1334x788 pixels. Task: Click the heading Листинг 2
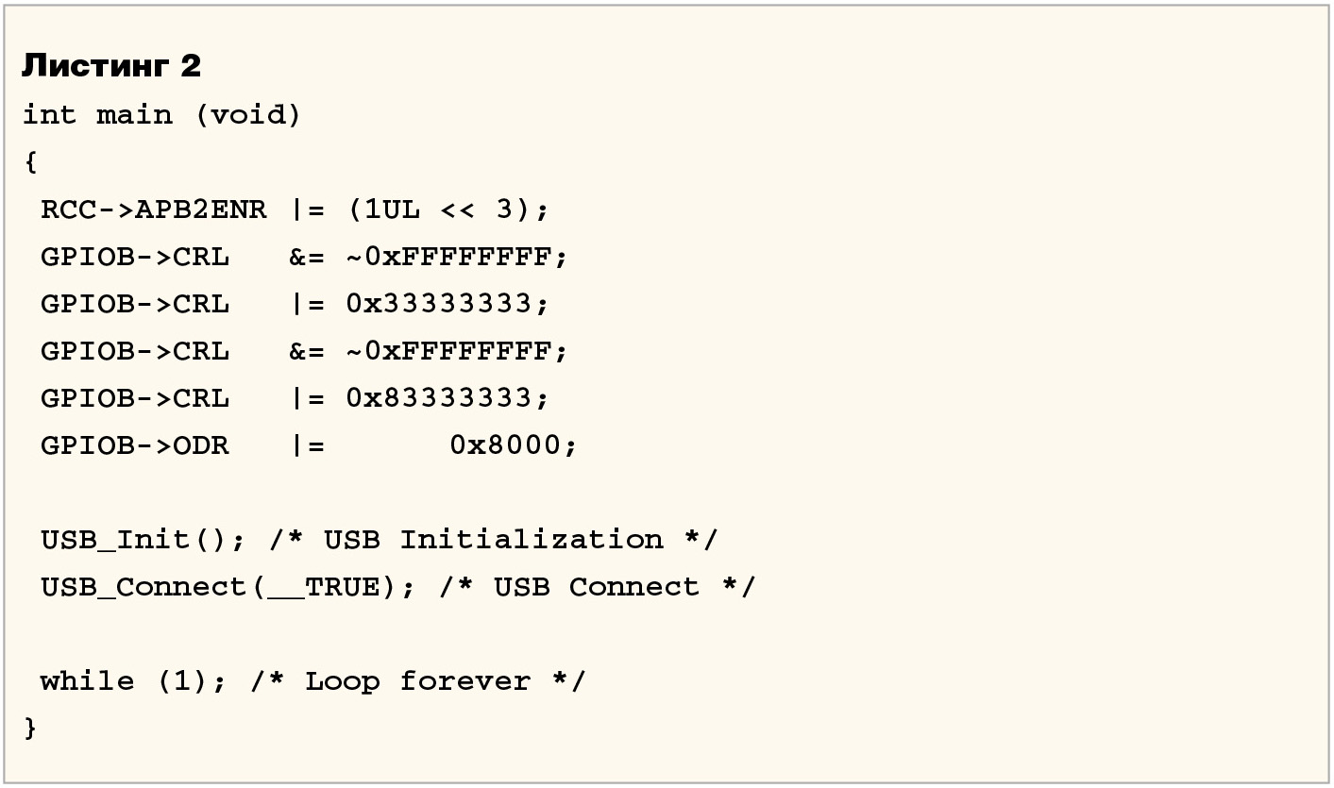click(110, 66)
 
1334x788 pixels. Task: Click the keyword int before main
click(49, 115)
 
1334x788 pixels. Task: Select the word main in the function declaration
click(134, 115)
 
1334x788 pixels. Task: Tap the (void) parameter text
click(247, 115)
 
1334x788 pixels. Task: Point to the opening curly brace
click(30, 162)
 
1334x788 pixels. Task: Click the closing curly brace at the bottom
click(30, 728)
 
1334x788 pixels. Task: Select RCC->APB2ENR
click(153, 210)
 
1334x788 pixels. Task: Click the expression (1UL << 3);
click(447, 210)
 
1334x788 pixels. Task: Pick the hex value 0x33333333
click(447, 304)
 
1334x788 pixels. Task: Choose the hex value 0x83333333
click(447, 398)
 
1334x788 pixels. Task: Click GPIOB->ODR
click(134, 445)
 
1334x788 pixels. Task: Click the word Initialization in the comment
click(532, 540)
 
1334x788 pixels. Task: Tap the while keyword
click(87, 681)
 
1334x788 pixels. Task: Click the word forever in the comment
click(465, 681)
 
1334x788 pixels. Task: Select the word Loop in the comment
click(342, 681)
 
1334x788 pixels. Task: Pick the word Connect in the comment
click(634, 587)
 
